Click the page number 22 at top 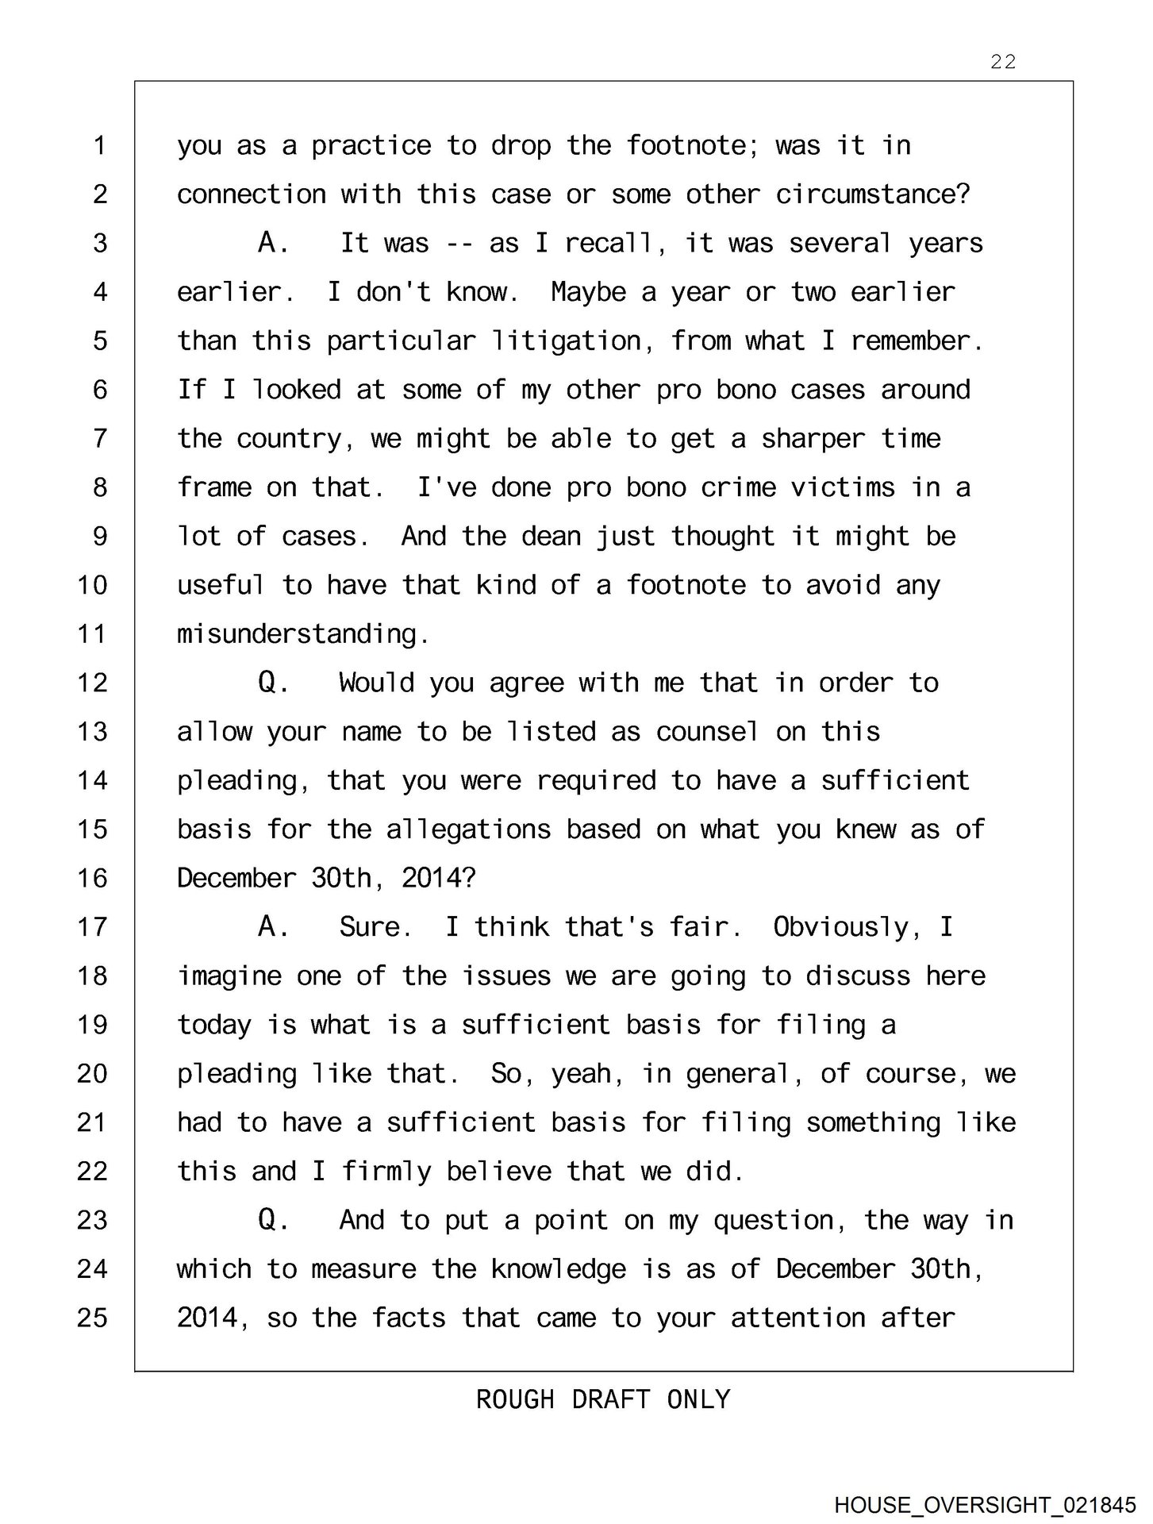(1003, 62)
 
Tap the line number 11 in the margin (92, 634)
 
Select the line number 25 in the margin (92, 1318)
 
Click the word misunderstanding (302, 634)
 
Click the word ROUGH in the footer (515, 1399)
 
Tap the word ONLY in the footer (698, 1399)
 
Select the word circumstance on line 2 (872, 194)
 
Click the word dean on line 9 (550, 537)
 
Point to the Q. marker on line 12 (273, 683)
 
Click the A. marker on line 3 (273, 243)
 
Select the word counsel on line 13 (707, 732)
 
